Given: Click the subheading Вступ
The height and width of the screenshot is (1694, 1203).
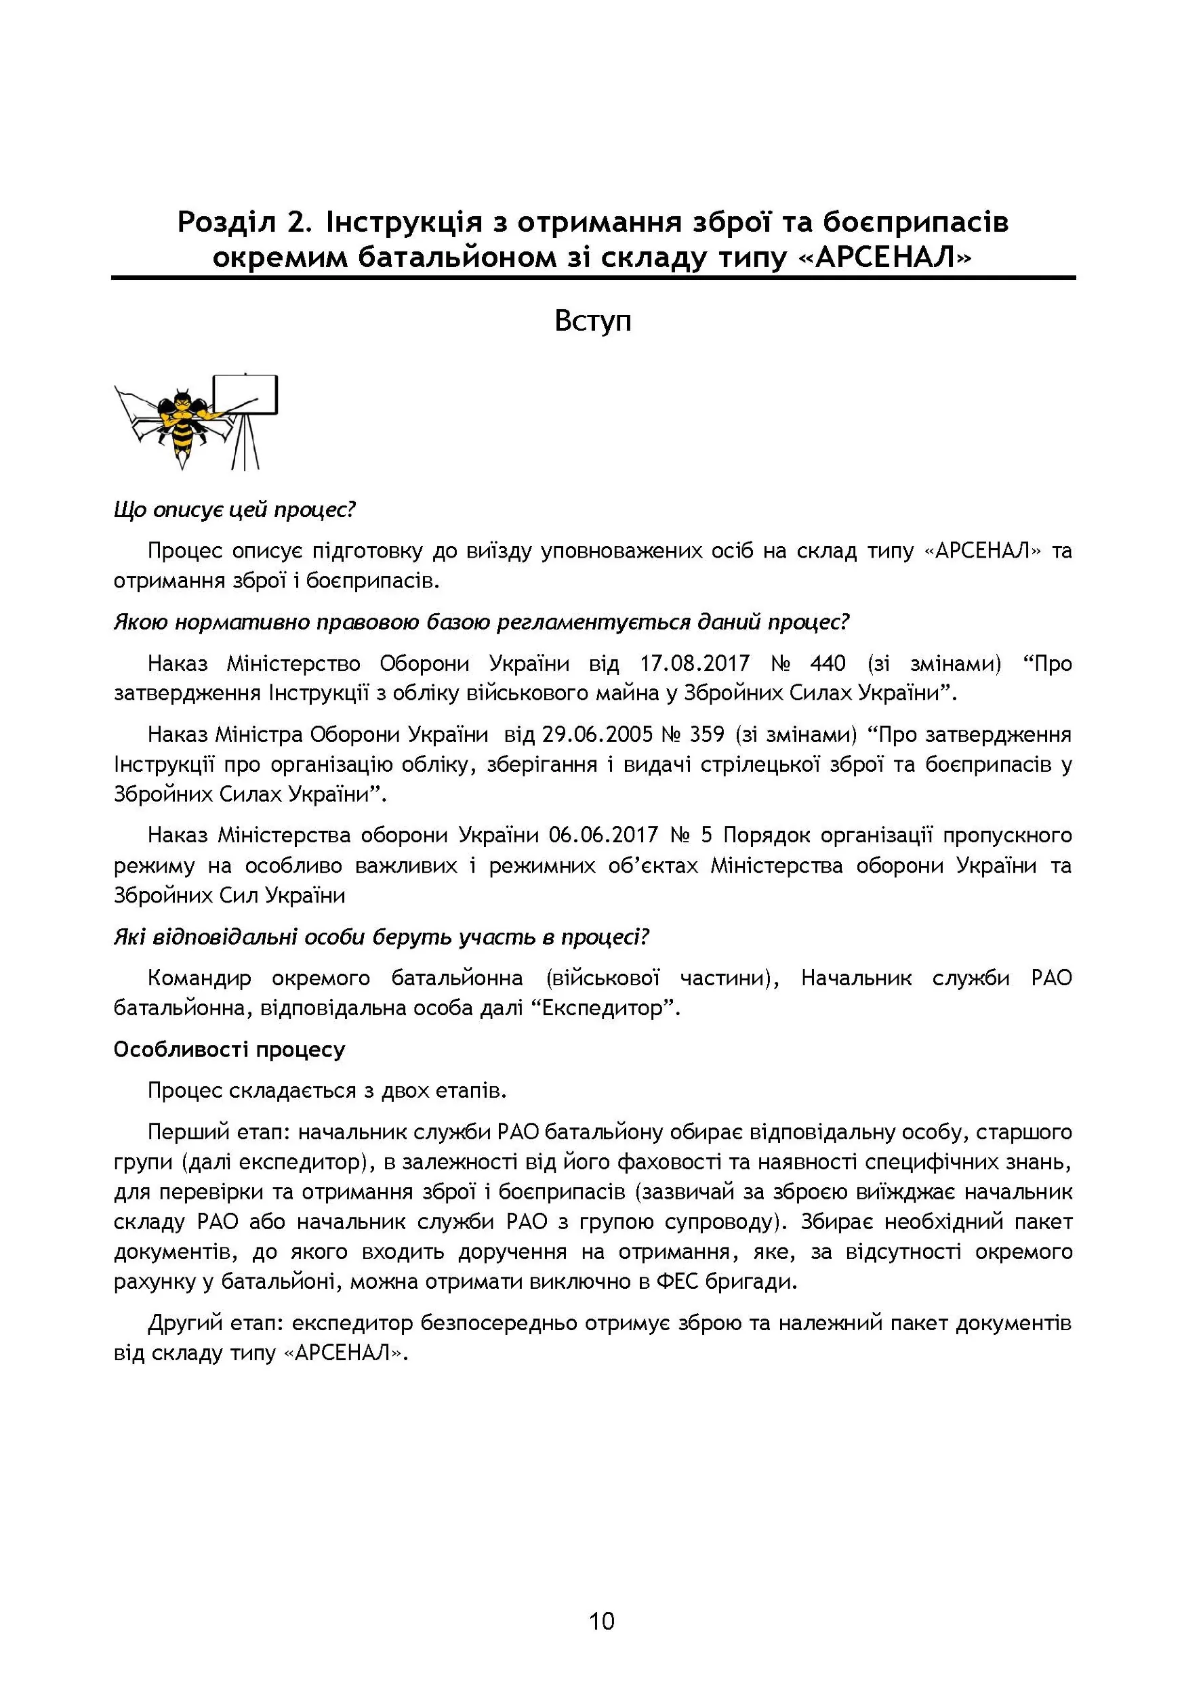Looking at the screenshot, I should pos(592,321).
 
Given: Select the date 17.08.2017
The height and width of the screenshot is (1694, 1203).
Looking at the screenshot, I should pos(695,663).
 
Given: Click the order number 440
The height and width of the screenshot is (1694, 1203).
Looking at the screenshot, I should pos(828,663).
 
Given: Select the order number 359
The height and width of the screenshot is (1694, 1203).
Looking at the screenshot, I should pos(706,735).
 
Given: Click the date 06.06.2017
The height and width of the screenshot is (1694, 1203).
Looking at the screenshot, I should pos(603,835).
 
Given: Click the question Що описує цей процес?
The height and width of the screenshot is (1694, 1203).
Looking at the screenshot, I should pos(235,510).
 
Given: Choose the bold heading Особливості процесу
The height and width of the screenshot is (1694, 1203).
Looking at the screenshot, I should pos(230,1050).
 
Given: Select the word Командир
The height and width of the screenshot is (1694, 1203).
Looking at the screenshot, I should pos(199,978).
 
